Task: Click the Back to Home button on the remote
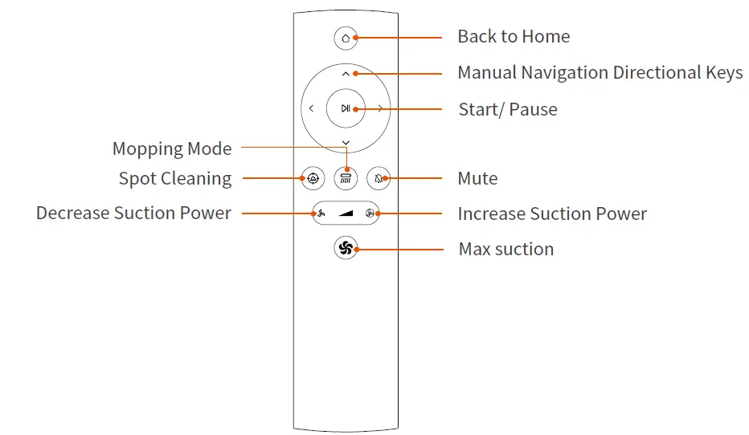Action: point(346,37)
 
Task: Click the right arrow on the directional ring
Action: point(379,108)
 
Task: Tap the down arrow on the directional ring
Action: point(346,143)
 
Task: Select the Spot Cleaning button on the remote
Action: point(313,178)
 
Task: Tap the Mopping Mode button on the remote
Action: point(346,178)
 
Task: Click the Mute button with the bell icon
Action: point(378,178)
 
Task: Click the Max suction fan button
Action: point(346,249)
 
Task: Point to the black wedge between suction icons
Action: point(346,213)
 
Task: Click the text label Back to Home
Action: point(514,37)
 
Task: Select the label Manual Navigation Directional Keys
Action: point(600,73)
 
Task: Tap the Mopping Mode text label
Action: point(172,148)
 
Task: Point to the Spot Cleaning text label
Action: point(175,178)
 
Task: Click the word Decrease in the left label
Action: point(72,213)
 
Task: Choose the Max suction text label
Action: point(505,249)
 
